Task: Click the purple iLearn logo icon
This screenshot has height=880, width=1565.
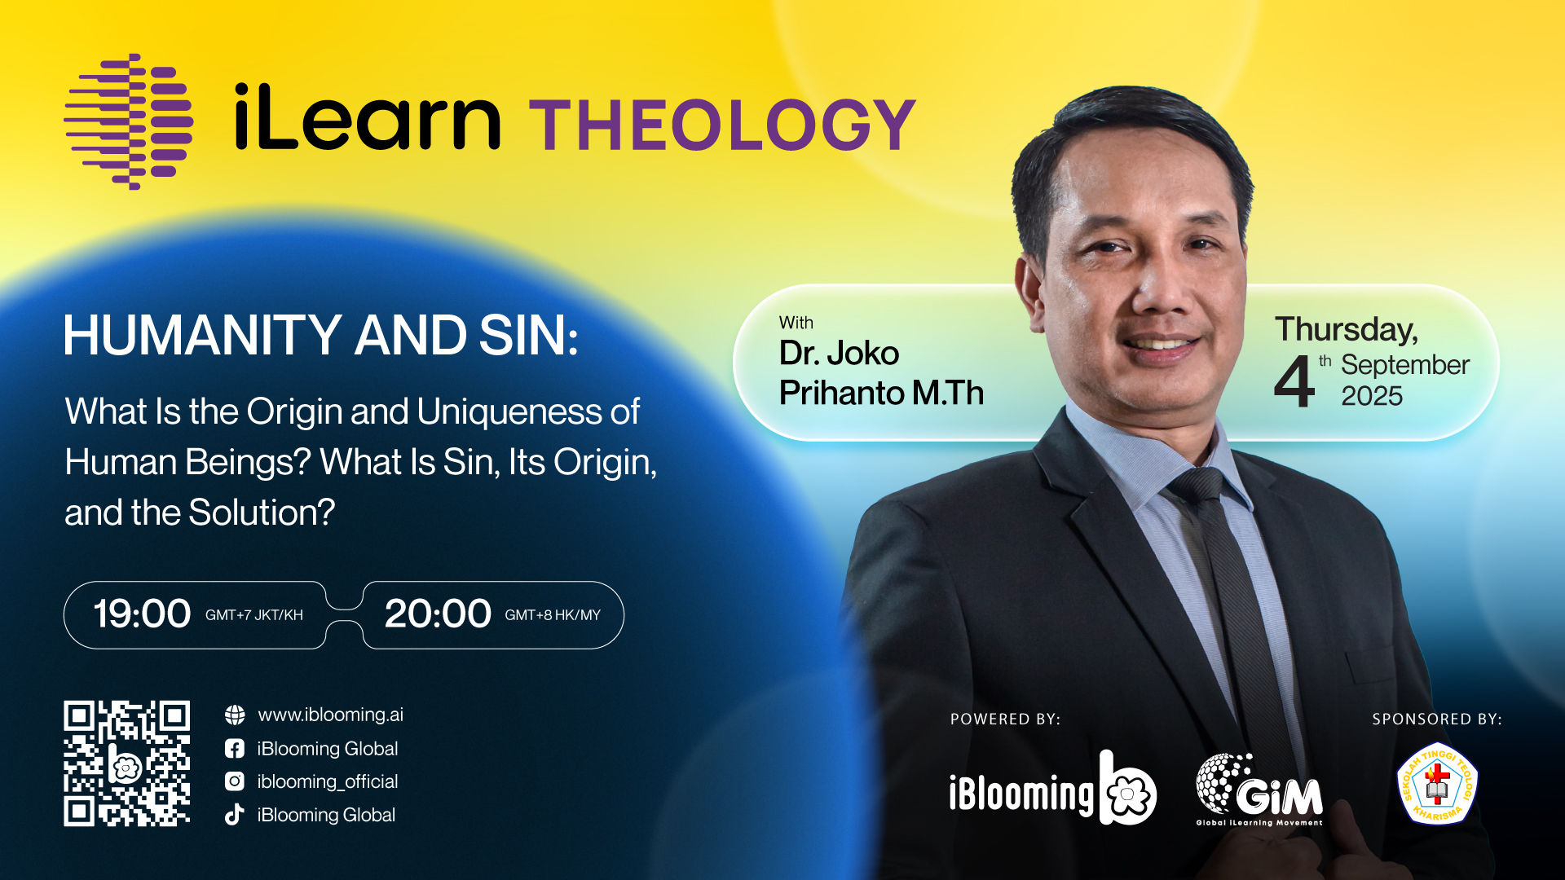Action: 129,122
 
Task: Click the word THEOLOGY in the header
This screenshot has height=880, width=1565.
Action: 723,125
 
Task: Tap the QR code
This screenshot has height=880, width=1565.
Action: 127,763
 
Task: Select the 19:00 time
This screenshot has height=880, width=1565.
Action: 142,614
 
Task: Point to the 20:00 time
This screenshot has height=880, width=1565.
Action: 438,614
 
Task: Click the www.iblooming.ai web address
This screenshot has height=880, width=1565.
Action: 330,715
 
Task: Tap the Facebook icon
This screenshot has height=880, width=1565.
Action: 235,748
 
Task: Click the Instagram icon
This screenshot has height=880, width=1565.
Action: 235,781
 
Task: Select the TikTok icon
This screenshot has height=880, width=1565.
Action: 235,815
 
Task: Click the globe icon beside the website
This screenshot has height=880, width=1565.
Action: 235,715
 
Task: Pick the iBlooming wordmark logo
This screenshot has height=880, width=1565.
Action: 1052,788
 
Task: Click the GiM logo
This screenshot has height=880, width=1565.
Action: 1259,789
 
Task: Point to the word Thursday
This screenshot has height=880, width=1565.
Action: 1347,330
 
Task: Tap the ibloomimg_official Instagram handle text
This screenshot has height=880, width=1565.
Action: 328,781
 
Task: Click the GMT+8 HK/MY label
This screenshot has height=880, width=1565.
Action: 553,615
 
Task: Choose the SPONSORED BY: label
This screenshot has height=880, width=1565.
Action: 1437,719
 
